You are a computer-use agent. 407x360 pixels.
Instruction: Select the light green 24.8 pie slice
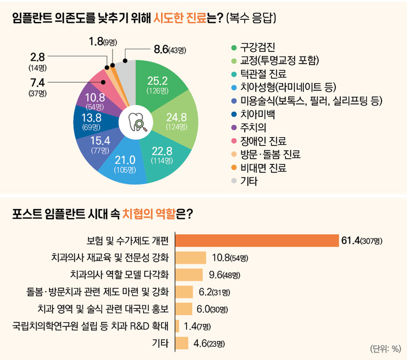coord(176,120)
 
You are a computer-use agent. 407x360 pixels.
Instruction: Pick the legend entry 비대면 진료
coord(263,168)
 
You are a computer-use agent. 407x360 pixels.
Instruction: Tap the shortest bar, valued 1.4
coord(177,326)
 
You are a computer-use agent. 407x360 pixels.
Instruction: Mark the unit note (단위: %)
coord(385,348)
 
